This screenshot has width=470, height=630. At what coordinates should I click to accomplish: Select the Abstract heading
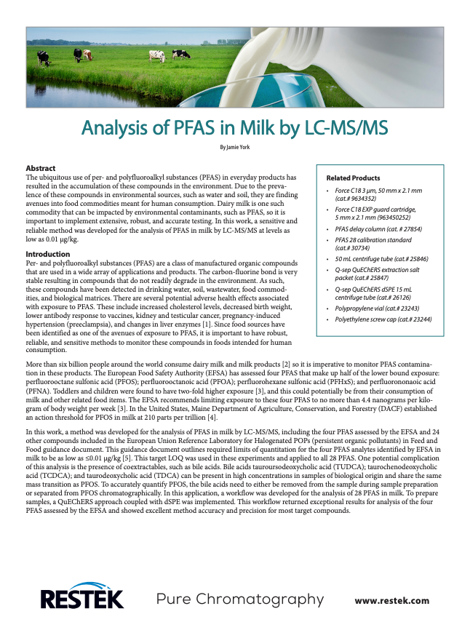(40, 169)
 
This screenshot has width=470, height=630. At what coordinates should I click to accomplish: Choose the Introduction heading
(47, 254)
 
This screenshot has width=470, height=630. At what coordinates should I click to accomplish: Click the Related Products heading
(353, 178)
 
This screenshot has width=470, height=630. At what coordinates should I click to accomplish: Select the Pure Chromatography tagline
(240, 599)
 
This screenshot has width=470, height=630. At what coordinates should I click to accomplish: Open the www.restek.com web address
(391, 601)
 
